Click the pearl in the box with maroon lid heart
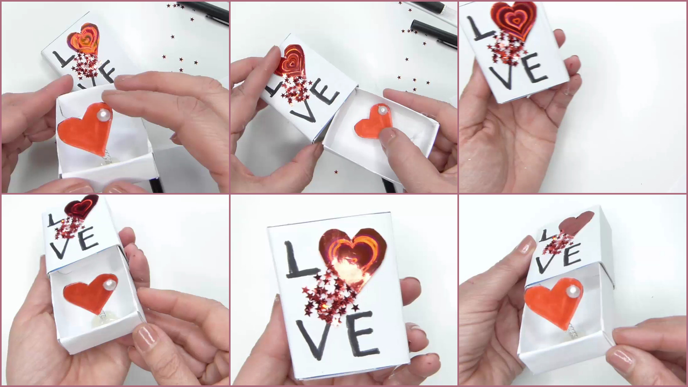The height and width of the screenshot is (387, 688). (111, 285)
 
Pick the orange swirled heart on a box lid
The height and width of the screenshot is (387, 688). (83, 39)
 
